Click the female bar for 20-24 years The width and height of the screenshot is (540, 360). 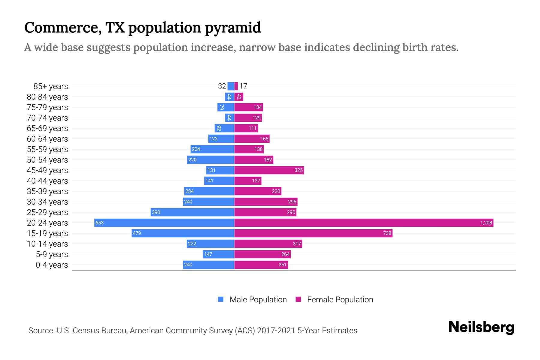tap(364, 223)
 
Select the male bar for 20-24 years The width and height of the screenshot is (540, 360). tap(164, 223)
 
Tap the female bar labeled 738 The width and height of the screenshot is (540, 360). tap(313, 233)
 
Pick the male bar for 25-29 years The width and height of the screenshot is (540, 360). tap(192, 212)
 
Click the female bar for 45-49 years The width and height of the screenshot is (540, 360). tap(269, 170)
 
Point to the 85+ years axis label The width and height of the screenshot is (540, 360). tap(50, 86)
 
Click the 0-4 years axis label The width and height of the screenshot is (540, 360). tap(52, 265)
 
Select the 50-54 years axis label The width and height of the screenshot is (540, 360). tap(47, 160)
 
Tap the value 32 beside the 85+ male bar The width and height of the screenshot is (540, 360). tap(222, 86)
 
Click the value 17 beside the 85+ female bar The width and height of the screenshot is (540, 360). tap(243, 86)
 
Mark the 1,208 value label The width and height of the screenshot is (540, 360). tap(486, 223)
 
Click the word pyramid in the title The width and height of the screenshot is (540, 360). tap(233, 28)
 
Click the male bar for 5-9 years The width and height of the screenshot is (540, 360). tap(218, 254)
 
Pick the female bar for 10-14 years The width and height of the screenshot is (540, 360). tap(268, 244)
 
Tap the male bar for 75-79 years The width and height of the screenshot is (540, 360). tap(226, 107)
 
